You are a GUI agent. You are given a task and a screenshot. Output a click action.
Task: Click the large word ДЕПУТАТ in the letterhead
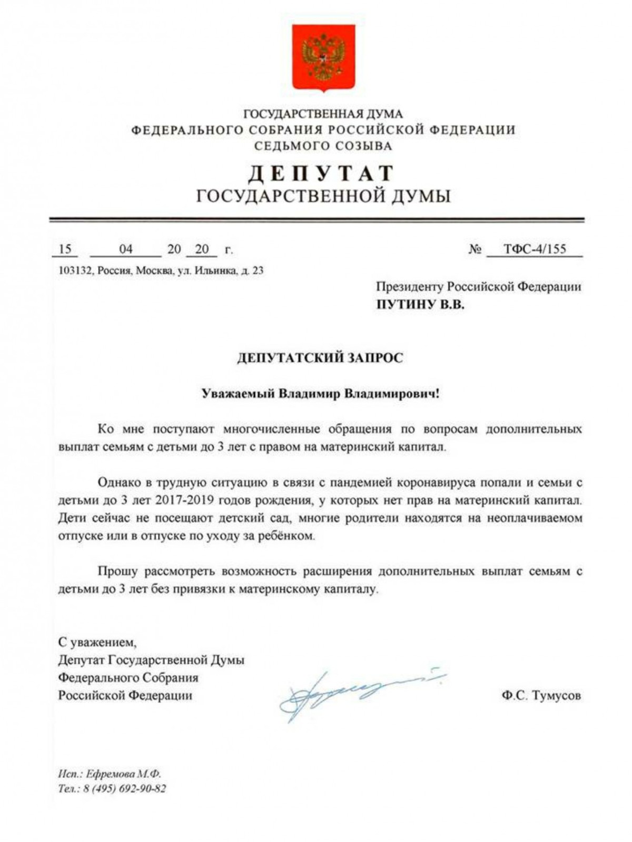[x=321, y=174]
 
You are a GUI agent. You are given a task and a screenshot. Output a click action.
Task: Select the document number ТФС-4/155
[x=535, y=249]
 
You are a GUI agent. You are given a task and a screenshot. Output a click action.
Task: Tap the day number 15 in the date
[x=65, y=249]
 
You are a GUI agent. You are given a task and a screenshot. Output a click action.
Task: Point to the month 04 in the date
[x=126, y=249]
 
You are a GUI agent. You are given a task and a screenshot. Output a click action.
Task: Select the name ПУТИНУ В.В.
[x=420, y=305]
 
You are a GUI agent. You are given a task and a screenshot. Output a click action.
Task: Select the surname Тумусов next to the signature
[x=557, y=696]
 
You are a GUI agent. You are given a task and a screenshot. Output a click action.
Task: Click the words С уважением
[x=97, y=643]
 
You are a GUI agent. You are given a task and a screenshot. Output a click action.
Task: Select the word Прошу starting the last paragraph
[x=117, y=571]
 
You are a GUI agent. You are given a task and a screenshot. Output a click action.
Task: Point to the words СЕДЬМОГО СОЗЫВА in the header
[x=323, y=146]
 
